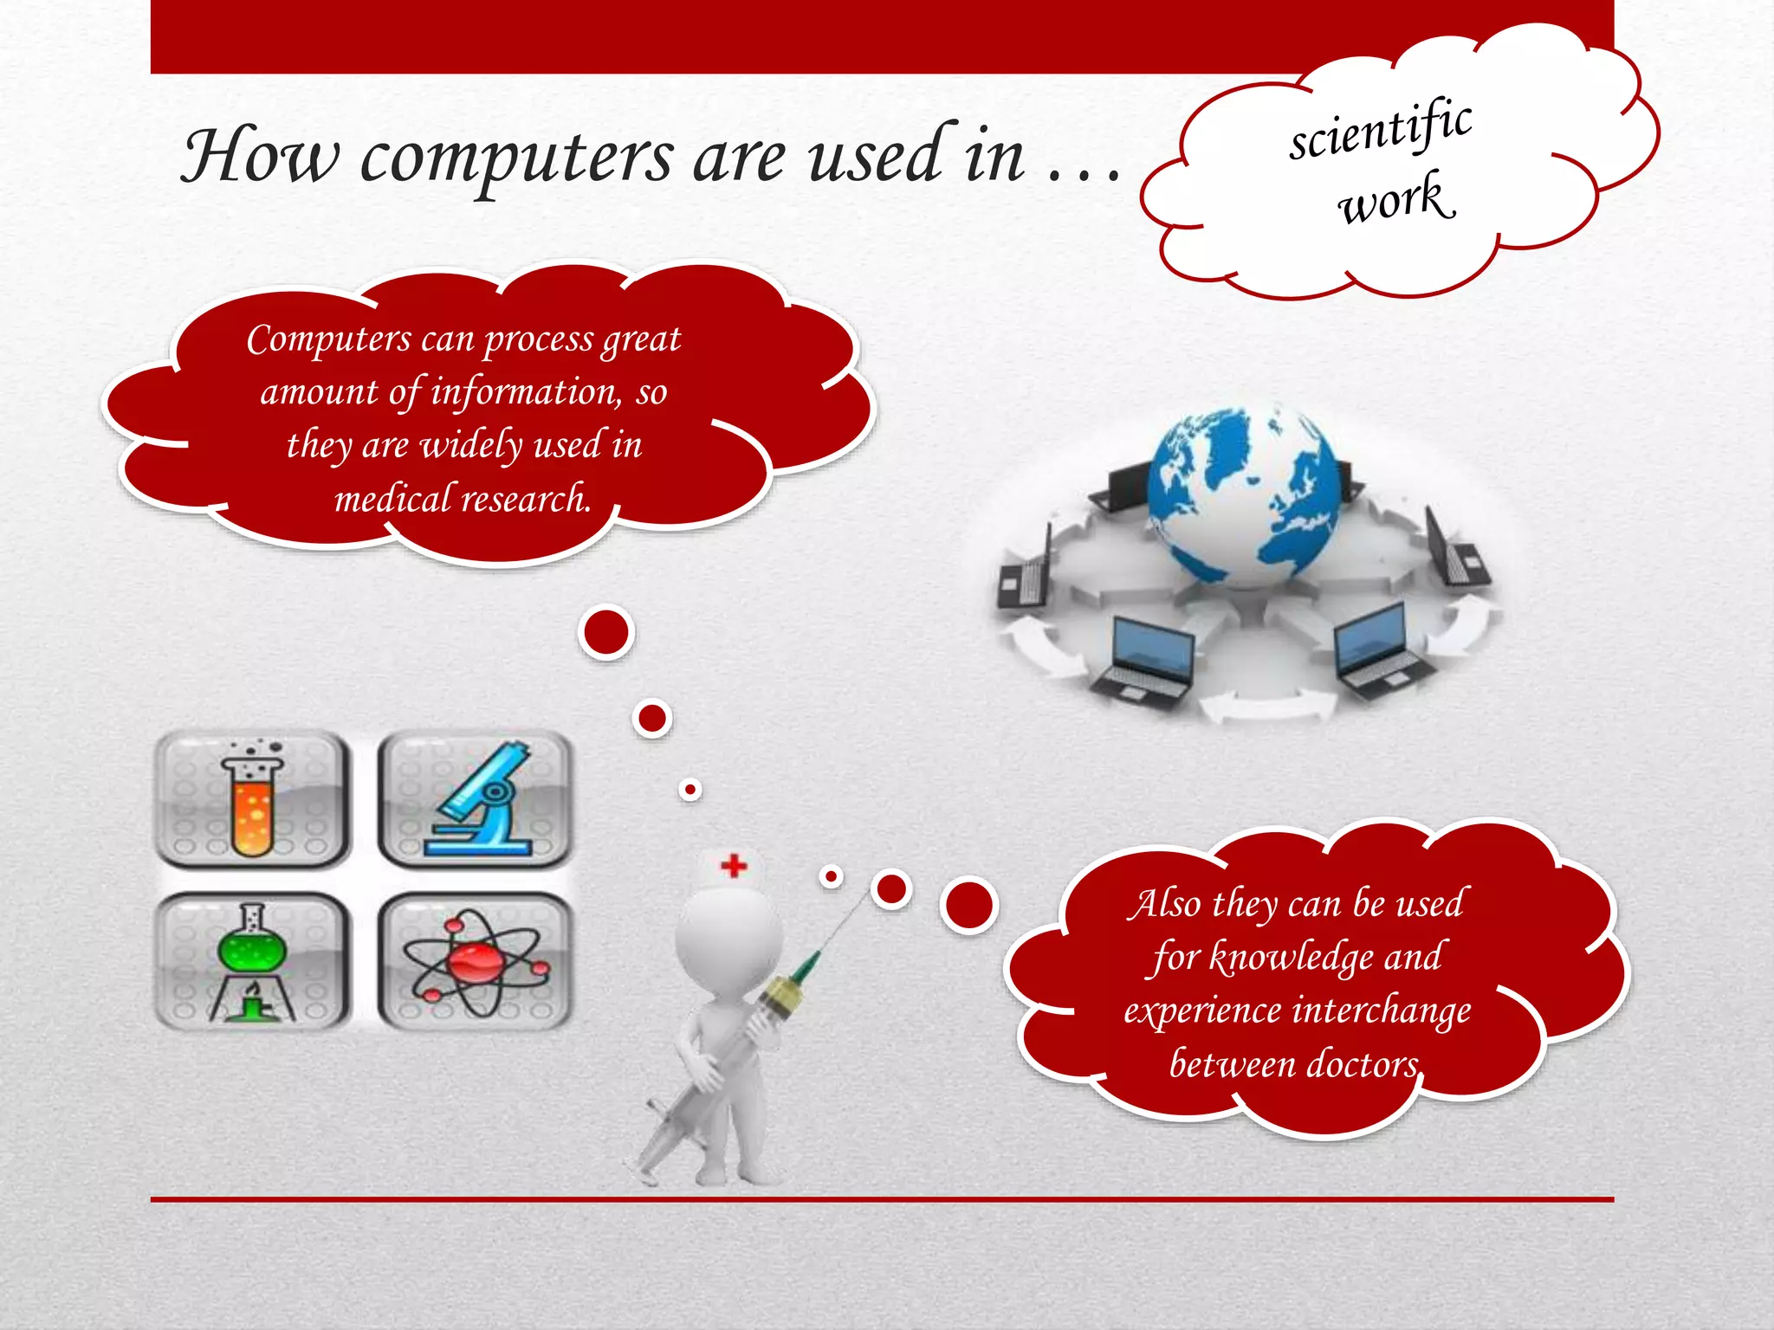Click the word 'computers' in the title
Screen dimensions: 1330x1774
pos(516,159)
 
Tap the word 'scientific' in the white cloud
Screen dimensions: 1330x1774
pos(1381,130)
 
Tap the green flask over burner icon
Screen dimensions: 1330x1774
pos(252,961)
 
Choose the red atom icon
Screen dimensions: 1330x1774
pos(476,961)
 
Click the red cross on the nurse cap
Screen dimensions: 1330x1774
pos(734,865)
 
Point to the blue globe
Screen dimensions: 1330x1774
pos(1246,497)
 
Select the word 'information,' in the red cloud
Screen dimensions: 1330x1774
pos(526,392)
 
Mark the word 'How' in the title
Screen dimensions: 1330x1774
pos(260,158)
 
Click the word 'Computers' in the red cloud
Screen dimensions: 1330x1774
pos(328,339)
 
